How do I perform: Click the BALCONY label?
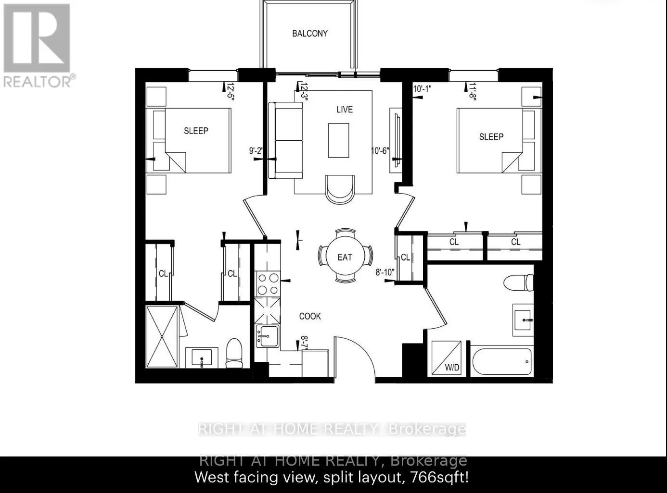(310, 34)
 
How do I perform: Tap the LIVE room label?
(345, 110)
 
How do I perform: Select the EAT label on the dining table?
(345, 258)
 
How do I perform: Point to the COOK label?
(310, 316)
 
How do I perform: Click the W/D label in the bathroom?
(452, 368)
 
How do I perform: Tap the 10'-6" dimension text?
(380, 151)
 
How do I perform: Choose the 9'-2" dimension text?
(256, 151)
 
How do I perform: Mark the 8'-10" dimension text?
(385, 272)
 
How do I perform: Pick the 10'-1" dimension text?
(423, 88)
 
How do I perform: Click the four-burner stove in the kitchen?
(268, 284)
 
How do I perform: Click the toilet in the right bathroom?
(519, 283)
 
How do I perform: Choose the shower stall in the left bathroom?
(162, 337)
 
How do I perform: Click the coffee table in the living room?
(339, 140)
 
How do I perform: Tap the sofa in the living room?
(285, 140)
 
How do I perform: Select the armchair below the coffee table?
(341, 189)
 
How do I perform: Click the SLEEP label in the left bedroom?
(196, 131)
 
